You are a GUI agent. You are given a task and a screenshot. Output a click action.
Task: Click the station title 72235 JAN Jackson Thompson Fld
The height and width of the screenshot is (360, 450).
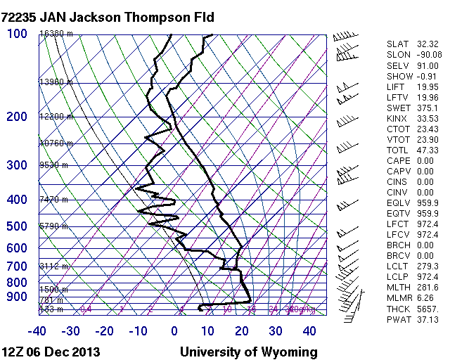coord(108,16)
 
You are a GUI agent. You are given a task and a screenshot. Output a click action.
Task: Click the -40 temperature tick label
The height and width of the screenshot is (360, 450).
coord(37,331)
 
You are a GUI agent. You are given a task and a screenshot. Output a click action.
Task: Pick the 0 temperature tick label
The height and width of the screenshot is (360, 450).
coord(174,331)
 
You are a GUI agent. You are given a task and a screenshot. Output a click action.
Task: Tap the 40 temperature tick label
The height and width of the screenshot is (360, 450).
coord(310,331)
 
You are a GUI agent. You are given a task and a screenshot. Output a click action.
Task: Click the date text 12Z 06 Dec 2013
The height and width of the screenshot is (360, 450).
coord(51,352)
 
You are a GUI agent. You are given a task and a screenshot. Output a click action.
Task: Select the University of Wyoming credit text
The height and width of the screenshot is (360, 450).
coord(248,352)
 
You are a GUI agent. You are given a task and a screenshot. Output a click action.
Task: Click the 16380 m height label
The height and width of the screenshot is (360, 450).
coord(56,34)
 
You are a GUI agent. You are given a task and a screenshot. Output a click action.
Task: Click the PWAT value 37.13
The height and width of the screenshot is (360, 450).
coord(427,319)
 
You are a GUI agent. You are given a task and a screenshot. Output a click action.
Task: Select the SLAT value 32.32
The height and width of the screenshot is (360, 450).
coord(427,44)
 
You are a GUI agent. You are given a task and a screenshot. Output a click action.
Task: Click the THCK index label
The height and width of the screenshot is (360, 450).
coord(397,309)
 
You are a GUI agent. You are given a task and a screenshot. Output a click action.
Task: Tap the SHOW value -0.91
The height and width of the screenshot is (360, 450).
coord(427,76)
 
